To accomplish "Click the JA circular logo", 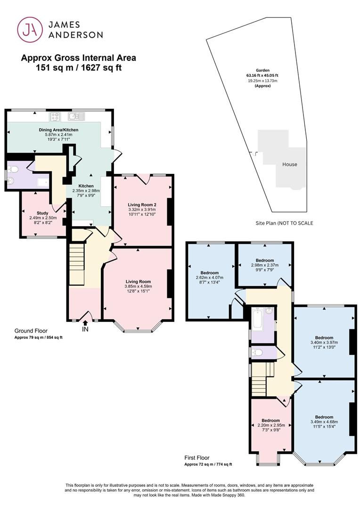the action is click(x=30, y=30).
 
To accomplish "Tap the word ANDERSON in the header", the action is click(x=76, y=35).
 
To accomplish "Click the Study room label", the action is click(x=42, y=213).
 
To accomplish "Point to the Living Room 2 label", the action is click(x=142, y=205).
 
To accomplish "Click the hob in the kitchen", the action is click(x=55, y=116).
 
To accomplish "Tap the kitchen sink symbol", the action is click(x=77, y=116).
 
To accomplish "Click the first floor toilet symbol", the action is click(x=257, y=352).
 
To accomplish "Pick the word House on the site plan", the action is click(x=290, y=164).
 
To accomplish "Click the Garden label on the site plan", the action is click(x=262, y=70).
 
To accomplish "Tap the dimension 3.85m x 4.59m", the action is click(x=138, y=287).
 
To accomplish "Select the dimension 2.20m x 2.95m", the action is click(x=271, y=425).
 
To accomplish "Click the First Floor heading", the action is click(x=197, y=458).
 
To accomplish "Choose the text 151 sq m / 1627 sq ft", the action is click(x=79, y=68).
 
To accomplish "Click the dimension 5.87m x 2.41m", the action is click(x=59, y=134).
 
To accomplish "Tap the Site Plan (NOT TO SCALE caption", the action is click(x=284, y=223).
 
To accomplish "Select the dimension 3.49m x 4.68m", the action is click(x=324, y=422).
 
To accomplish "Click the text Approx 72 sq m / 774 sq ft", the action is click(x=208, y=464).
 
